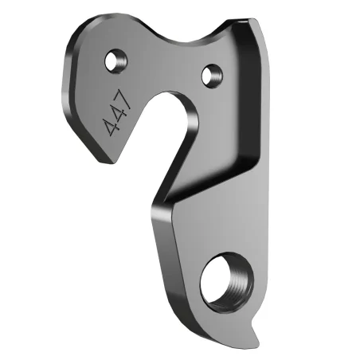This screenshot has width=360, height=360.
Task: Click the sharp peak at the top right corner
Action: coord(253,24)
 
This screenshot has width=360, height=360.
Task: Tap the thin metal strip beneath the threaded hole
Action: coord(223,315)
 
